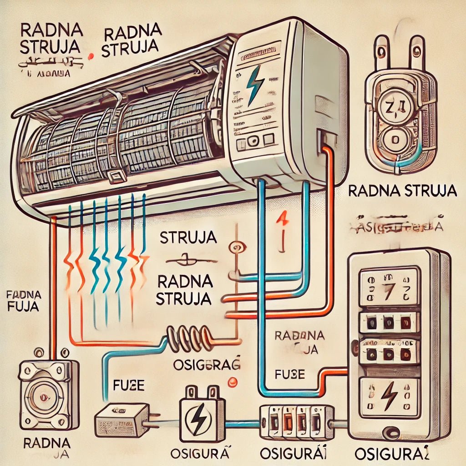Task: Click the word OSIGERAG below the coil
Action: click(207, 364)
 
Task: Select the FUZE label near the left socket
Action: click(128, 386)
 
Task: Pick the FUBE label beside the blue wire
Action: click(289, 375)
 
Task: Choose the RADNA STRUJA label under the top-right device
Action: click(402, 191)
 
